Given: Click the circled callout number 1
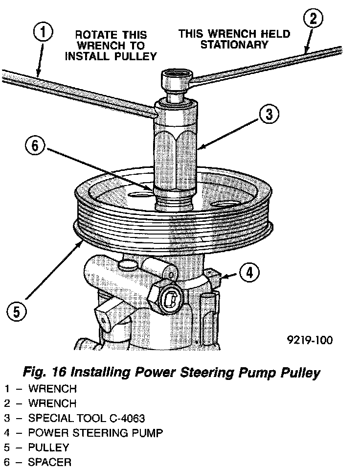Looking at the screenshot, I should tap(43, 33).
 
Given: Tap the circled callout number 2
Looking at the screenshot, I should tap(313, 20).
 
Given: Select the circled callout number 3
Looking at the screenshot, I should tap(269, 115).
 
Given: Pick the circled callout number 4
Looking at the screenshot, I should tap(249, 273).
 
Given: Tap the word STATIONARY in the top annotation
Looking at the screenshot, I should tap(234, 45).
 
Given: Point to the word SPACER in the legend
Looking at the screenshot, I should tap(49, 462).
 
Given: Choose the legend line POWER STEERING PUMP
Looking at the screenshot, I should tap(95, 433).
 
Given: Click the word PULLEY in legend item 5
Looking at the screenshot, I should tap(48, 447).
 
